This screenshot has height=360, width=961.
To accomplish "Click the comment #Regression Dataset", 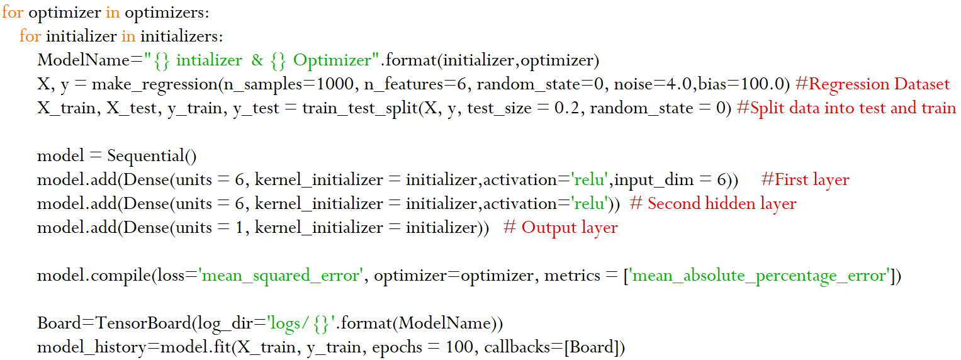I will tap(872, 84).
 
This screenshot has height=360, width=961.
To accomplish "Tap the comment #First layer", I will tap(805, 180).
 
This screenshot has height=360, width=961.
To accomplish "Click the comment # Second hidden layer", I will tap(713, 204).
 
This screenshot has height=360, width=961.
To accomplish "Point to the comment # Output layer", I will tap(561, 228).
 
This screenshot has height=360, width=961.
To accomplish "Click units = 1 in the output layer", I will tap(211, 228).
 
